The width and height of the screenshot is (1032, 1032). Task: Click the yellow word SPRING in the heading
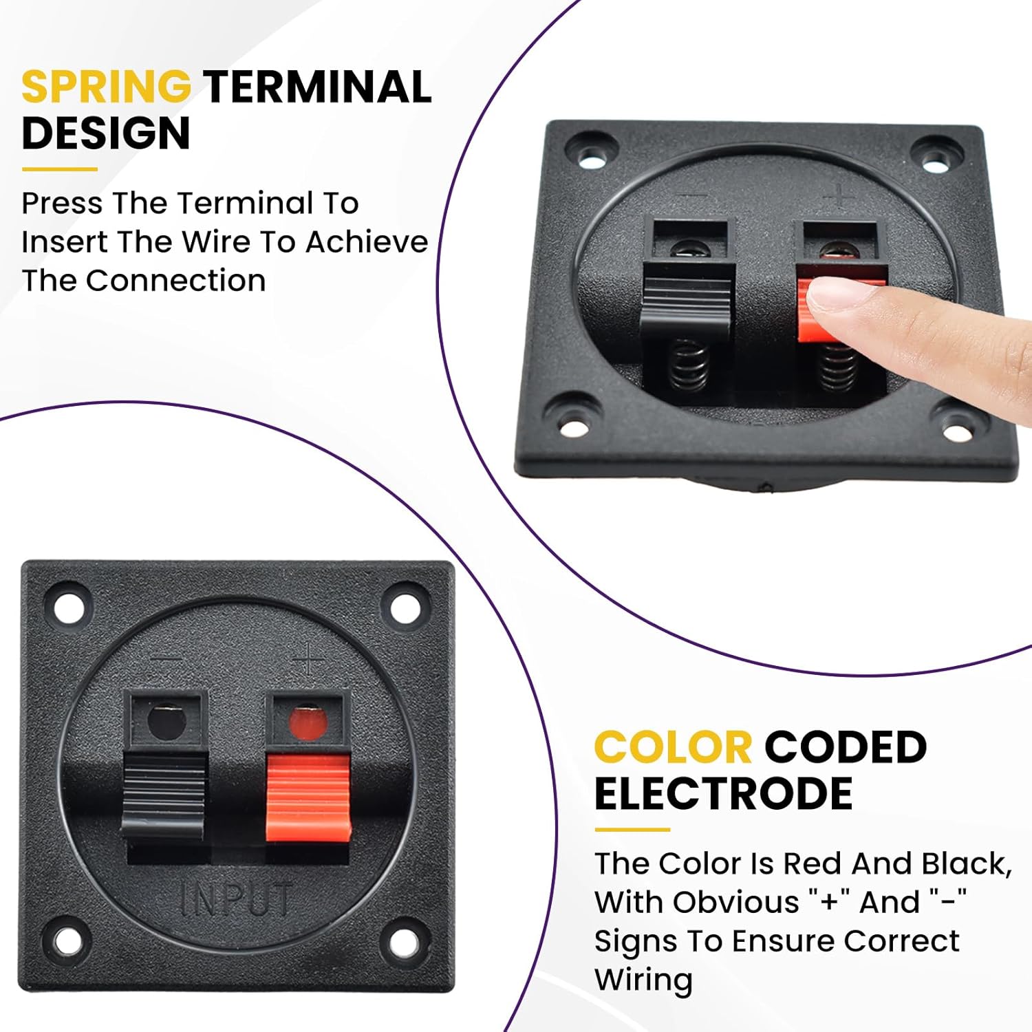[106, 87]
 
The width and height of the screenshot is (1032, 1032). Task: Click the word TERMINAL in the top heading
[317, 87]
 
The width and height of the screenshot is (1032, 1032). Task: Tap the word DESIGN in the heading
[106, 133]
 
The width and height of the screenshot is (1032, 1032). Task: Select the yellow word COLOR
[673, 747]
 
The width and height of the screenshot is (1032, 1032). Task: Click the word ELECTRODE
[723, 793]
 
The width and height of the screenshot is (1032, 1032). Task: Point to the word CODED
[846, 747]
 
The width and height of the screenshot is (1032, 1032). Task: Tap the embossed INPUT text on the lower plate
[236, 899]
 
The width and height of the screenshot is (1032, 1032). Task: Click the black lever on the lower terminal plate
[164, 795]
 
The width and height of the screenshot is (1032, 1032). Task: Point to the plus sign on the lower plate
[308, 658]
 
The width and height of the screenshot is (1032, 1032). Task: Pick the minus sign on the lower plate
[166, 660]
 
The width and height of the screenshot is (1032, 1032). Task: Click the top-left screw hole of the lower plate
[68, 606]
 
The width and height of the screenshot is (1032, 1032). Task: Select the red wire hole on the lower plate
[306, 722]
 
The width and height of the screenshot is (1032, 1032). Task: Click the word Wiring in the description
[643, 980]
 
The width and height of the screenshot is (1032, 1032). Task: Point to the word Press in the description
[63, 203]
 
